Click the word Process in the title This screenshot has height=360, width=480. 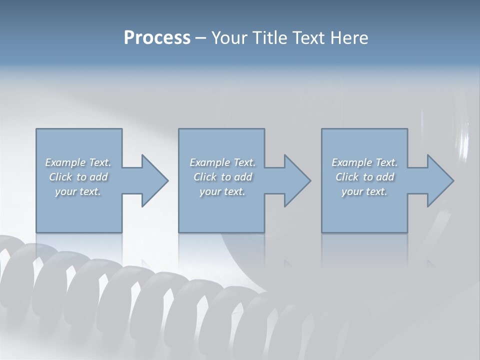click(157, 37)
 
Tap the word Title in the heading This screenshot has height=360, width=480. click(271, 37)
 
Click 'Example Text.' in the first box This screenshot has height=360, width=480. click(78, 162)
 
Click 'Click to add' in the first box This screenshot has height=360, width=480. click(78, 177)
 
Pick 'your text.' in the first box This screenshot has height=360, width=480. click(78, 191)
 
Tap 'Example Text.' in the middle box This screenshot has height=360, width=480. click(222, 162)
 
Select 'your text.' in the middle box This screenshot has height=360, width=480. click(222, 191)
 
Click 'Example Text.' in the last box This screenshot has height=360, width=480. click(364, 162)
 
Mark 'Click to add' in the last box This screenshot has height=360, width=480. click(365, 177)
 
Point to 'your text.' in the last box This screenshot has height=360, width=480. click(364, 191)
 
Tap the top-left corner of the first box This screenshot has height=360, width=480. click(36, 129)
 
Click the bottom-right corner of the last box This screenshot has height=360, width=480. click(407, 232)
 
